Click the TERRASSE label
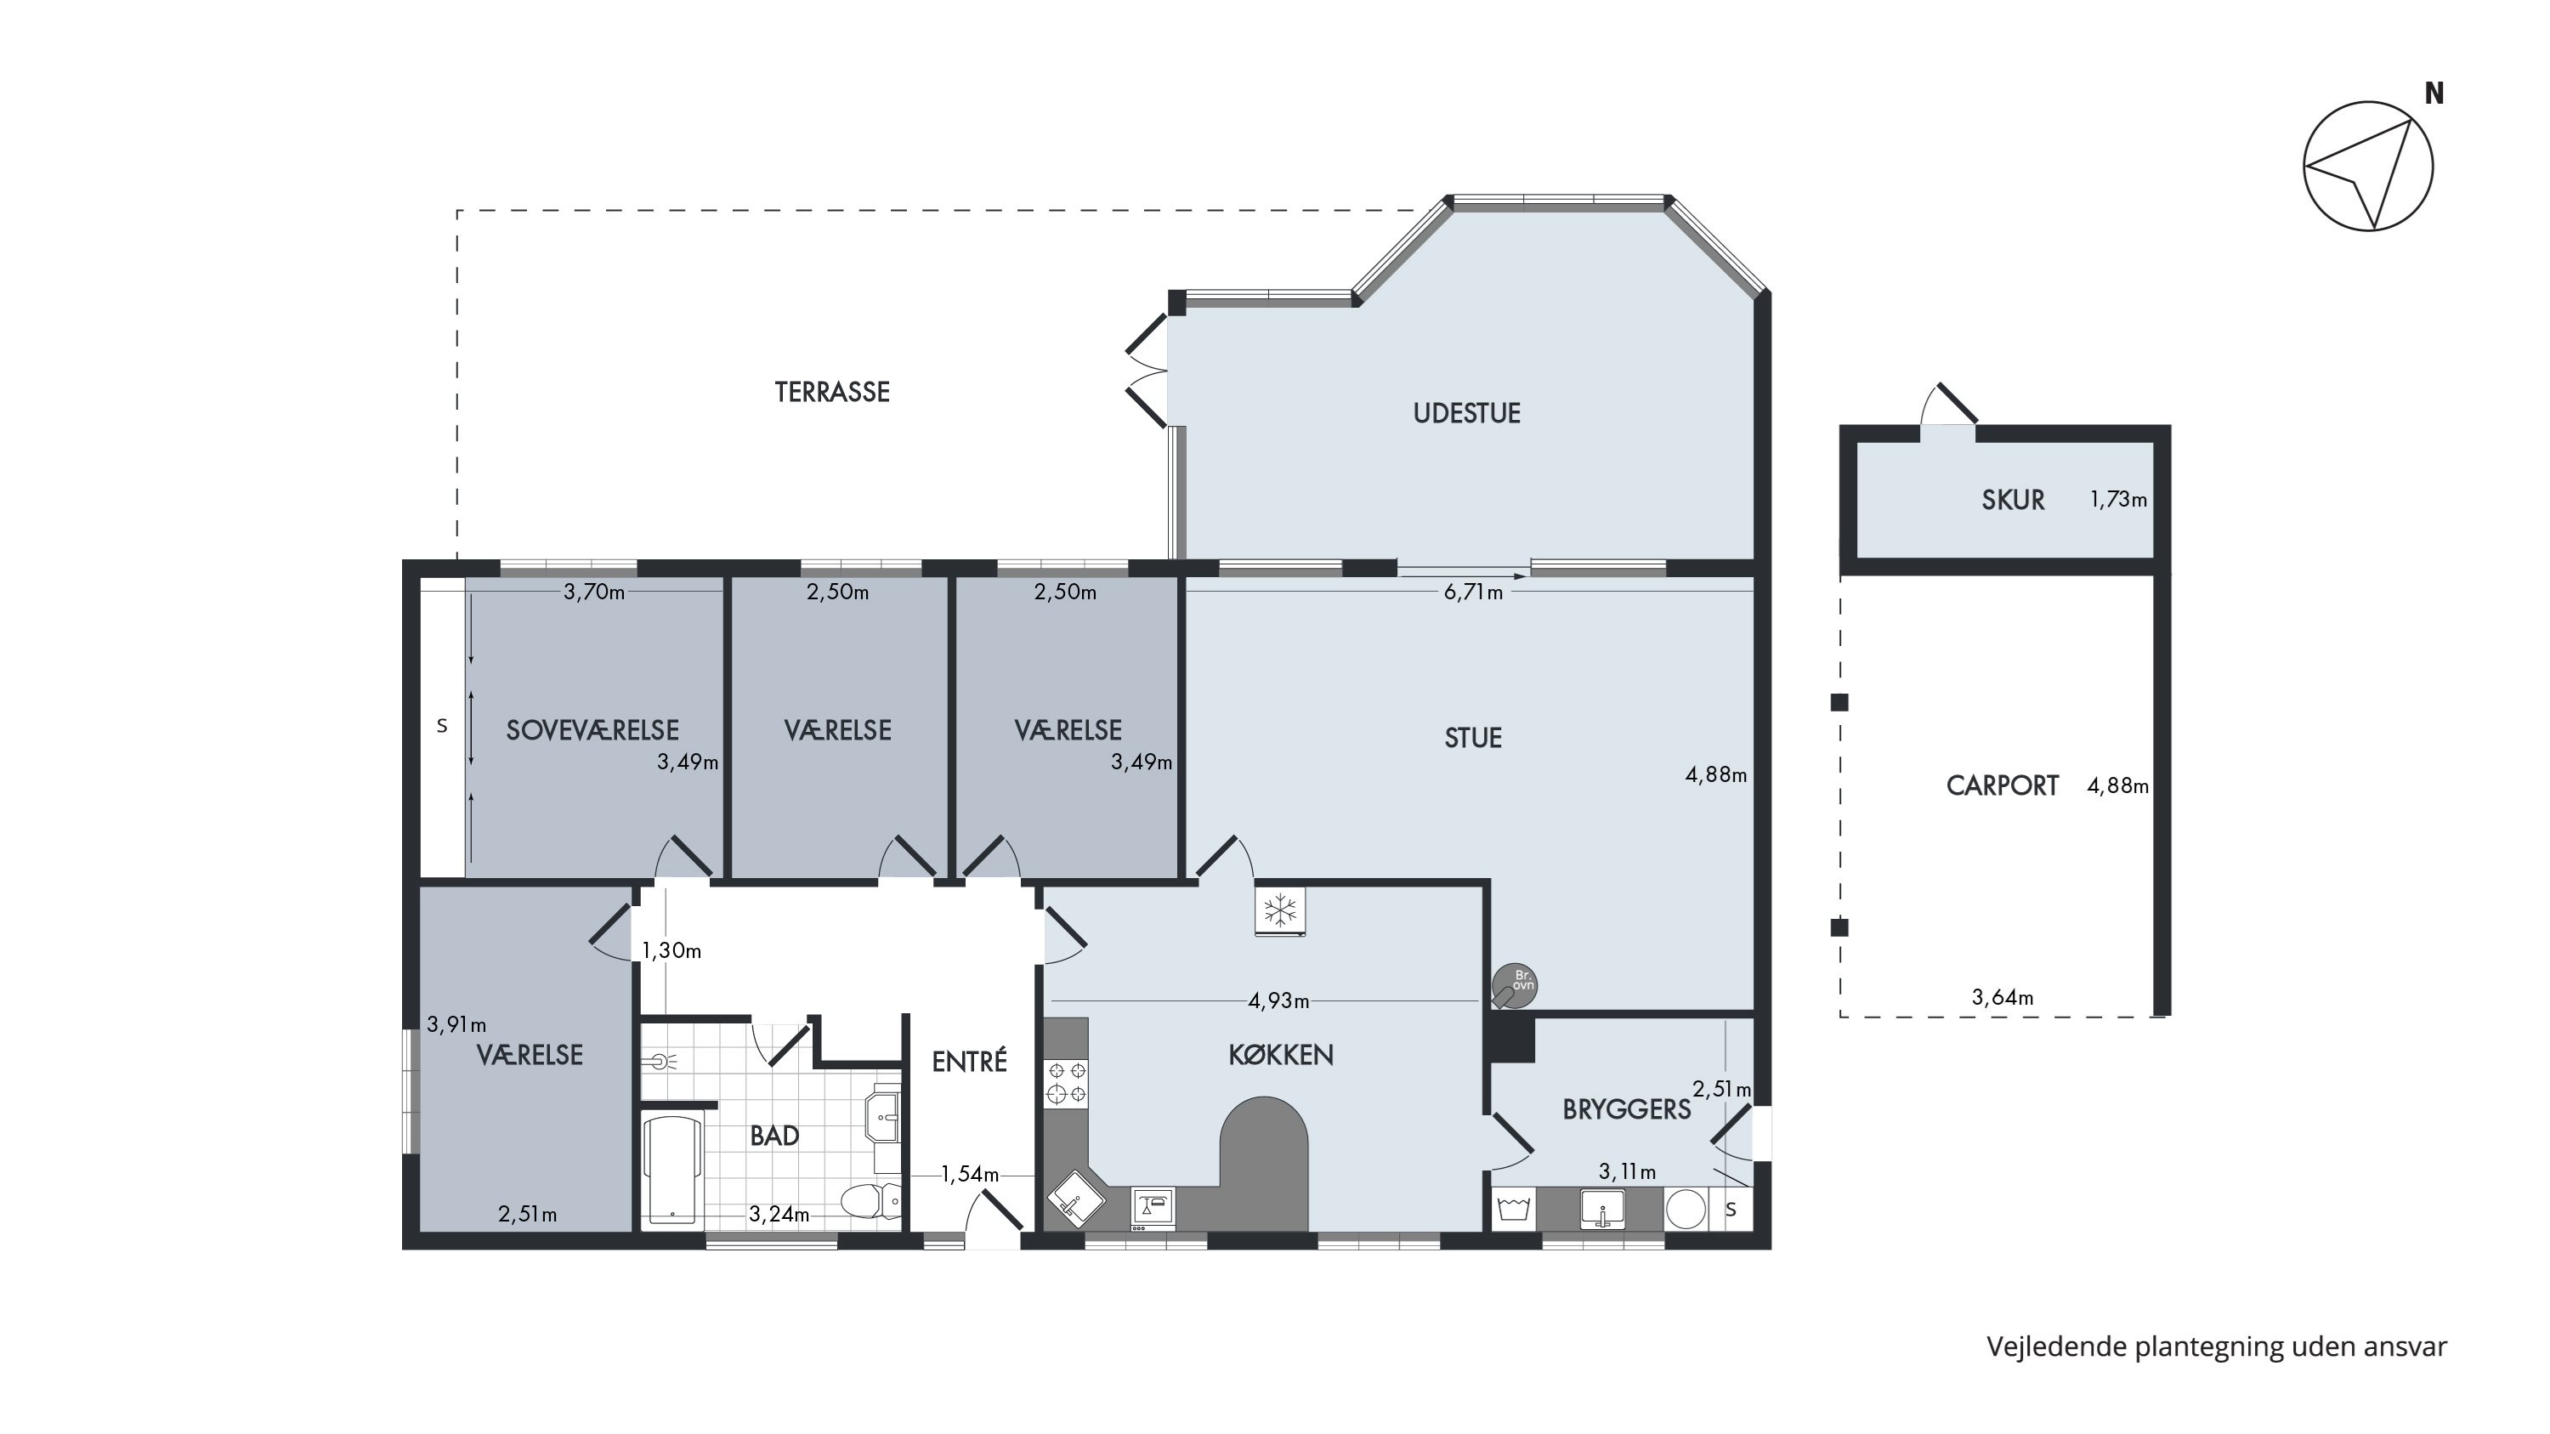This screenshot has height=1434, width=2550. click(831, 392)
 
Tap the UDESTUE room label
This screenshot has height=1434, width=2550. click(1466, 412)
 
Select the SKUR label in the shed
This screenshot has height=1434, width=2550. click(2013, 500)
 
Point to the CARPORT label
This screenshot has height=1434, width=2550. click(2002, 785)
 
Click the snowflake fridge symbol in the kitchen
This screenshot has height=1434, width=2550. click(1280, 910)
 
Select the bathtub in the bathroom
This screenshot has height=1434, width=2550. click(672, 1169)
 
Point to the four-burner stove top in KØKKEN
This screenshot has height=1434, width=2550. click(1066, 1082)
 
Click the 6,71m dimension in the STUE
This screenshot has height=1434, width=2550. click(1473, 592)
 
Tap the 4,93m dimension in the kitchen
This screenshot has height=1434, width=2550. click(1278, 1000)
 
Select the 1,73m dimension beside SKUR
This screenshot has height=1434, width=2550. click(2118, 500)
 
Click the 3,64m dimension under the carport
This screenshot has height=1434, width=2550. click(2003, 998)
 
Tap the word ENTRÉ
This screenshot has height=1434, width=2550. click(969, 1061)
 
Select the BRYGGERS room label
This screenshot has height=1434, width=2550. click(1626, 1109)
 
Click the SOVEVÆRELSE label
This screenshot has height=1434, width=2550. click(592, 730)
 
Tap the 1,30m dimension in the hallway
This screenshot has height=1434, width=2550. click(671, 951)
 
